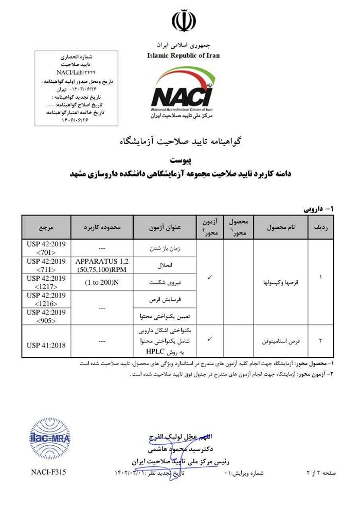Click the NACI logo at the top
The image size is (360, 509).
(x=183, y=93)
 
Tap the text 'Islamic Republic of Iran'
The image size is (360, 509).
(x=183, y=55)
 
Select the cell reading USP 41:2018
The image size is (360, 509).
(x=47, y=345)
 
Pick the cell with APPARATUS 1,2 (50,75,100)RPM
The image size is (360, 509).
(x=102, y=265)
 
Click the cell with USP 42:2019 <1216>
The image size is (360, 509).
(x=47, y=299)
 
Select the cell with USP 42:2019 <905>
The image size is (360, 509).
(x=47, y=316)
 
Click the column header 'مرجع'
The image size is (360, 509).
(x=47, y=227)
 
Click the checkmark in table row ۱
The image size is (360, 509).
(x=209, y=278)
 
